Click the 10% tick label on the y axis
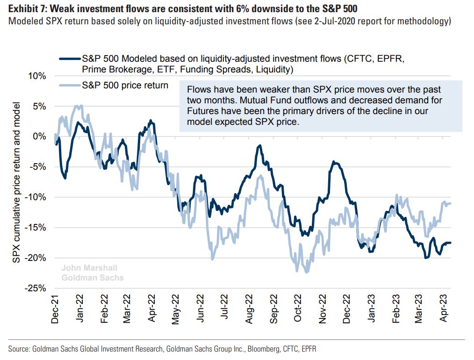[36, 76]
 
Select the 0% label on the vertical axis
[38, 137]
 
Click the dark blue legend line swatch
[69, 59]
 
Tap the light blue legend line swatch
[69, 86]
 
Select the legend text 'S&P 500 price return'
[125, 86]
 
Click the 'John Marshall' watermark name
[89, 268]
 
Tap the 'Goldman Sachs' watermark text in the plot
[93, 277]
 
